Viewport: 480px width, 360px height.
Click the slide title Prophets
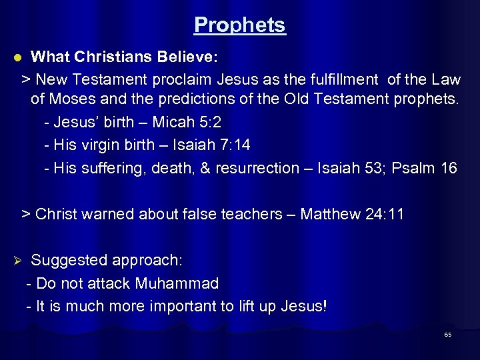240,25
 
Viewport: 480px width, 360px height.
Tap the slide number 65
448,335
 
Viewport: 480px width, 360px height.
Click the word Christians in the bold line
113,57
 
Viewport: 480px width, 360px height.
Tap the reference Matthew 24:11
352,214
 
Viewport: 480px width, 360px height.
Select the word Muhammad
177,283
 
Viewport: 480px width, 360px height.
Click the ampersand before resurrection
204,167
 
